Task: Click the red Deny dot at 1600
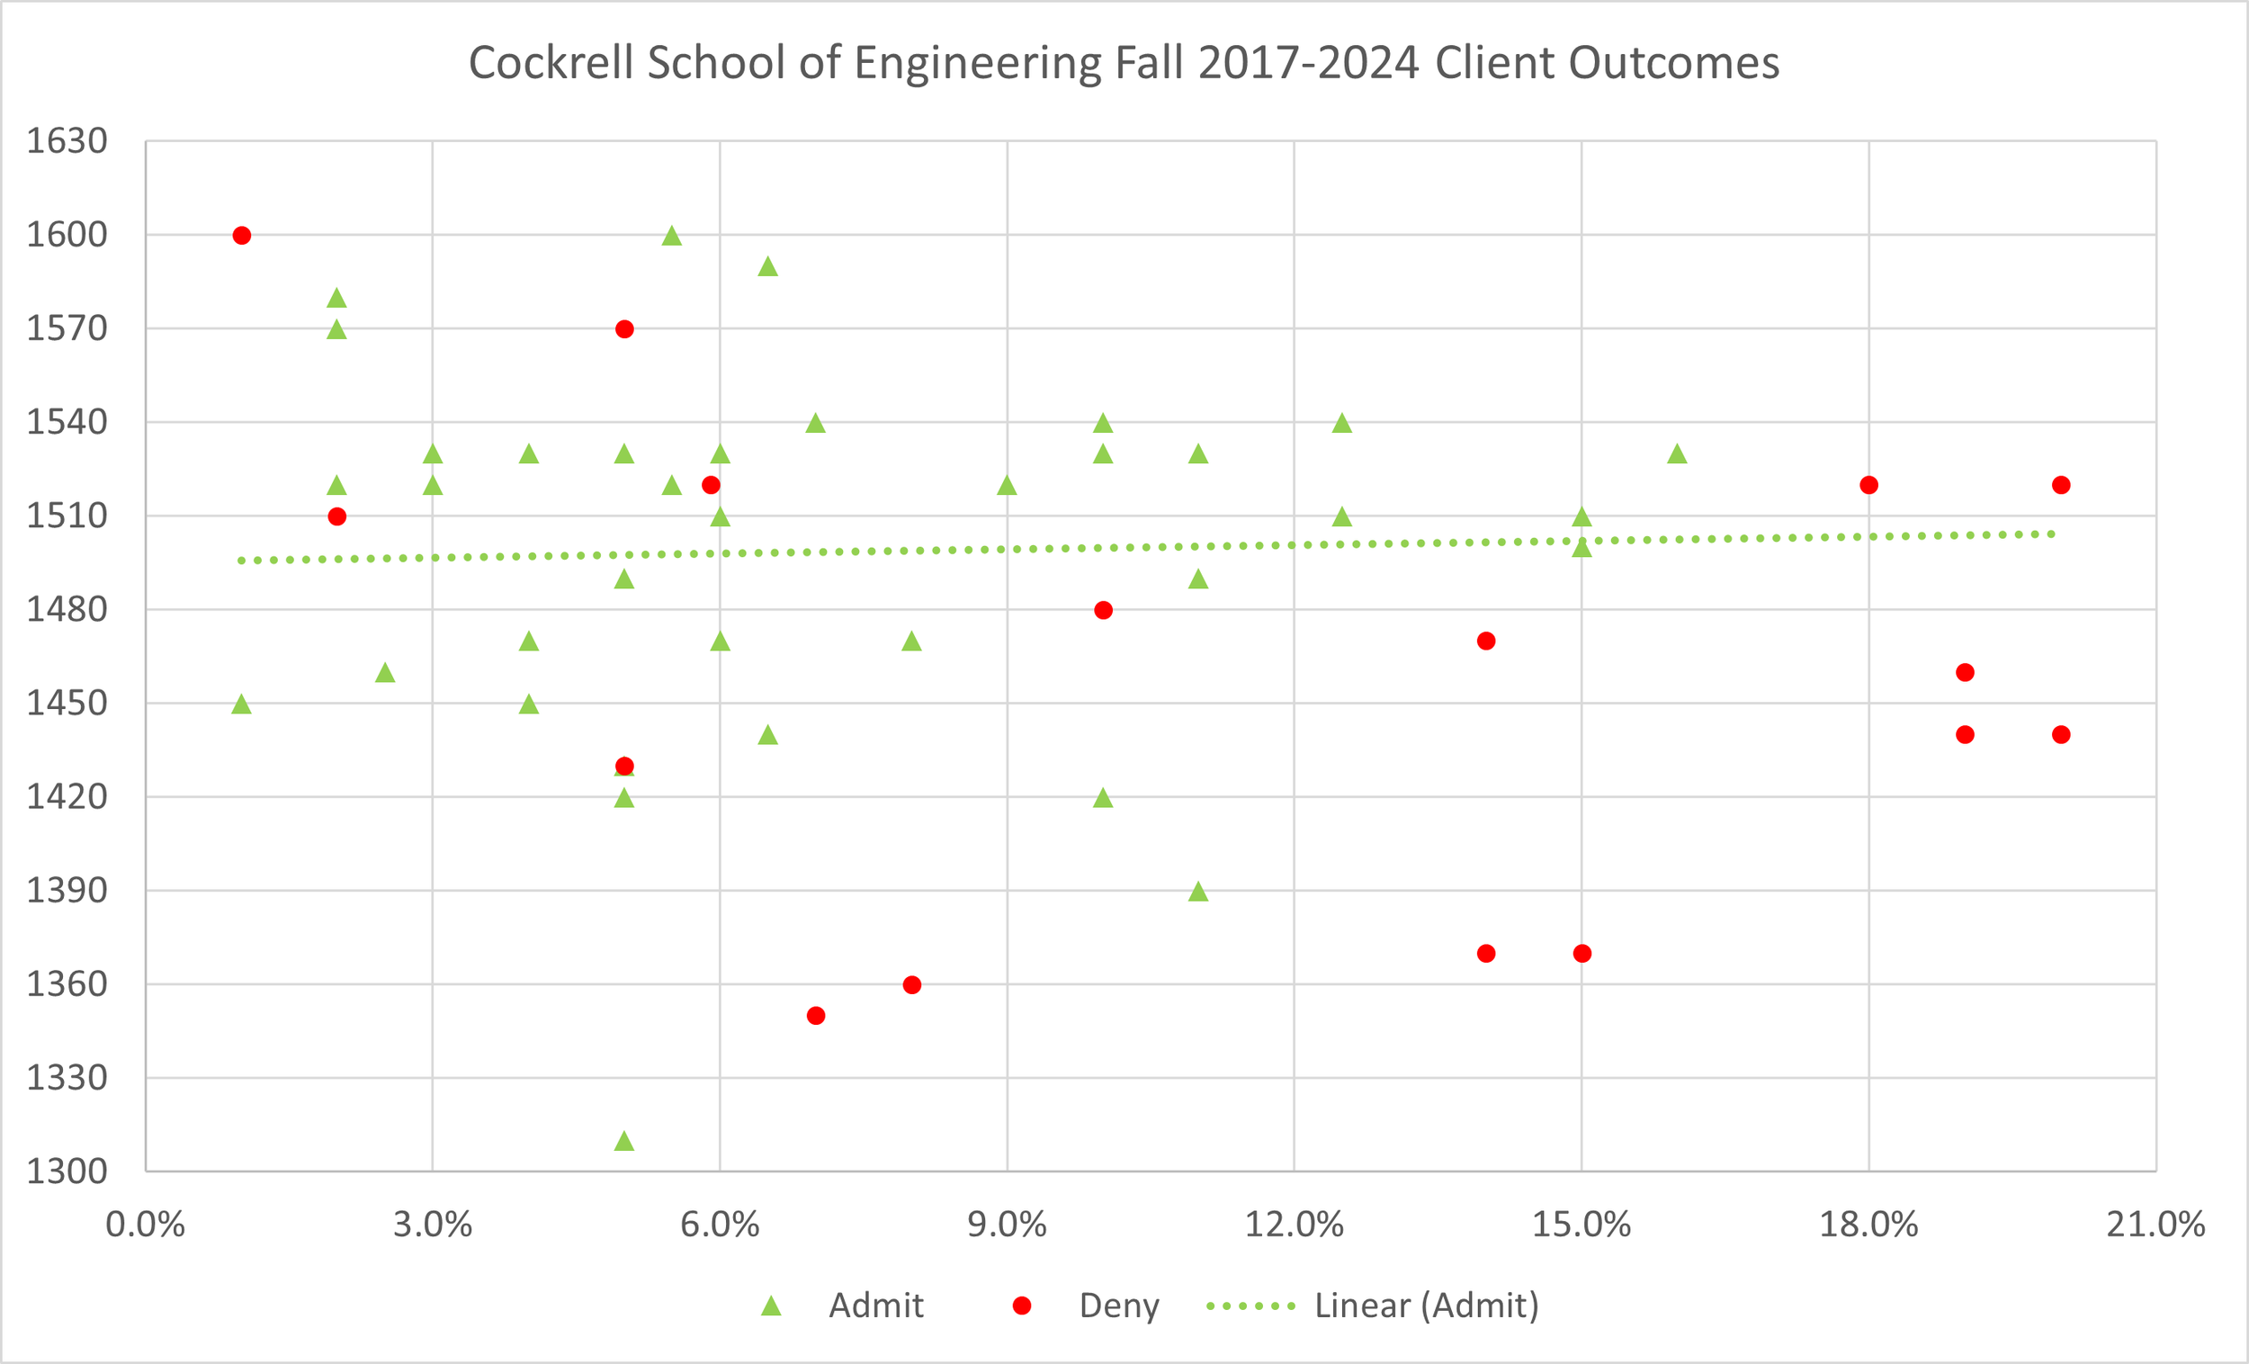point(242,236)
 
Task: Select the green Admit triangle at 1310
point(624,1141)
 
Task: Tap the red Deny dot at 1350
point(816,1016)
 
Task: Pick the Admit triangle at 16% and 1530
point(1677,453)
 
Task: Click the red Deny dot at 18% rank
point(1868,485)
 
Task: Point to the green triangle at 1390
point(1198,891)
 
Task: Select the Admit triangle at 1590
point(767,266)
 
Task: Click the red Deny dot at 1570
point(624,329)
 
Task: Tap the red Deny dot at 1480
point(1103,610)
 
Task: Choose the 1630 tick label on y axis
point(67,141)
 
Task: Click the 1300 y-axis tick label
point(67,1171)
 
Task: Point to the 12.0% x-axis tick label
point(1295,1225)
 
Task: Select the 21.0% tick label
point(2155,1225)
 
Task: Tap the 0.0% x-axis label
point(145,1225)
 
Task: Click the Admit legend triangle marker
point(771,1306)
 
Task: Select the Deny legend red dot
point(1021,1306)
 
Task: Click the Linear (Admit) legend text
point(1426,1306)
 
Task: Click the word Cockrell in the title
point(550,64)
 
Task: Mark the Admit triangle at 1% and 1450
point(242,704)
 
